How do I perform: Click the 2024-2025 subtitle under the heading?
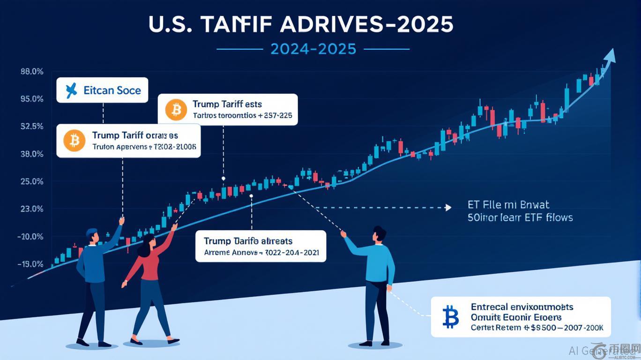click(x=313, y=49)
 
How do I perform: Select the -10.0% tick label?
click(x=31, y=237)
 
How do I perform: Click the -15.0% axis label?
click(x=31, y=264)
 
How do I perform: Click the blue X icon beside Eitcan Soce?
click(x=71, y=90)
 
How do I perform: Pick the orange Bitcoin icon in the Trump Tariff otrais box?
click(x=75, y=140)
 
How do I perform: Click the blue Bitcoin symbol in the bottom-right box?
click(x=450, y=317)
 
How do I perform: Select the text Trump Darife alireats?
click(x=248, y=241)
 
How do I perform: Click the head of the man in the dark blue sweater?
click(x=92, y=236)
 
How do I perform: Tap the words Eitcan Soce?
click(x=112, y=90)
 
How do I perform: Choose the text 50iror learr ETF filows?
click(x=520, y=217)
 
